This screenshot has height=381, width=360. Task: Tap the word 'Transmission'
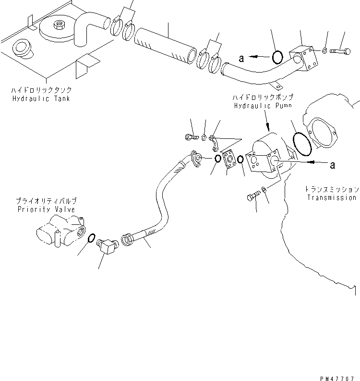(x=332, y=197)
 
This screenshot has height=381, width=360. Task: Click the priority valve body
(x=60, y=231)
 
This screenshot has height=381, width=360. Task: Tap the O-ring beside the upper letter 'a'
(x=277, y=58)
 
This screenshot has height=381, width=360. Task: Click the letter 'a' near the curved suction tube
(x=242, y=59)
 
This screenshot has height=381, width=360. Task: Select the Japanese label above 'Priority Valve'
(x=47, y=201)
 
